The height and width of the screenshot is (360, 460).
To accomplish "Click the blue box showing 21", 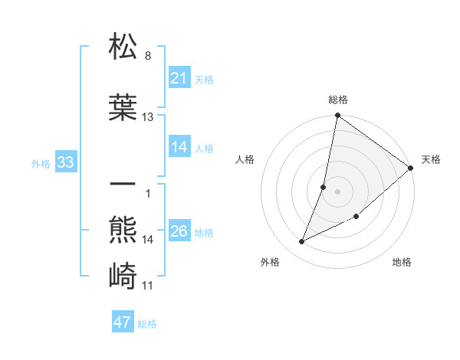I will pos(179,78).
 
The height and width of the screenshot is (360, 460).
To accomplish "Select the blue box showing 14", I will pos(179,147).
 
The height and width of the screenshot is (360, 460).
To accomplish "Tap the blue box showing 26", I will pos(179,231).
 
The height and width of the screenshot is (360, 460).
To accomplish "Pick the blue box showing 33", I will pos(65,162).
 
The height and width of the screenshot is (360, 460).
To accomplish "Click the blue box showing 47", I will pos(123,322).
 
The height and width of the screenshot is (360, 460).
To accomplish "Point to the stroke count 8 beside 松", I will pos(148,56).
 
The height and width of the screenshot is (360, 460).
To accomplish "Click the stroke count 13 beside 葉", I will pos(148,117).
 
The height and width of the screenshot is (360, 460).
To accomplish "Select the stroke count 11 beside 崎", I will pos(148,286).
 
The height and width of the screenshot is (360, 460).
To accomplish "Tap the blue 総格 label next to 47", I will pos(147,324).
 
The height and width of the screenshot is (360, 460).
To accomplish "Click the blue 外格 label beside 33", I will pos(41,163).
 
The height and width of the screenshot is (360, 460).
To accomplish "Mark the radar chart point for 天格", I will pos(411,169).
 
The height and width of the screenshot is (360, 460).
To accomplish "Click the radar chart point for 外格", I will pos(302,242).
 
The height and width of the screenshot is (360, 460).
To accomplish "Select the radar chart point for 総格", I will pos(337,116).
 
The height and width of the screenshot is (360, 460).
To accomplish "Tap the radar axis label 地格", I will pos(402,263).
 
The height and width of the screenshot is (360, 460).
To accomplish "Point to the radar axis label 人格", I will pos(245,159).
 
